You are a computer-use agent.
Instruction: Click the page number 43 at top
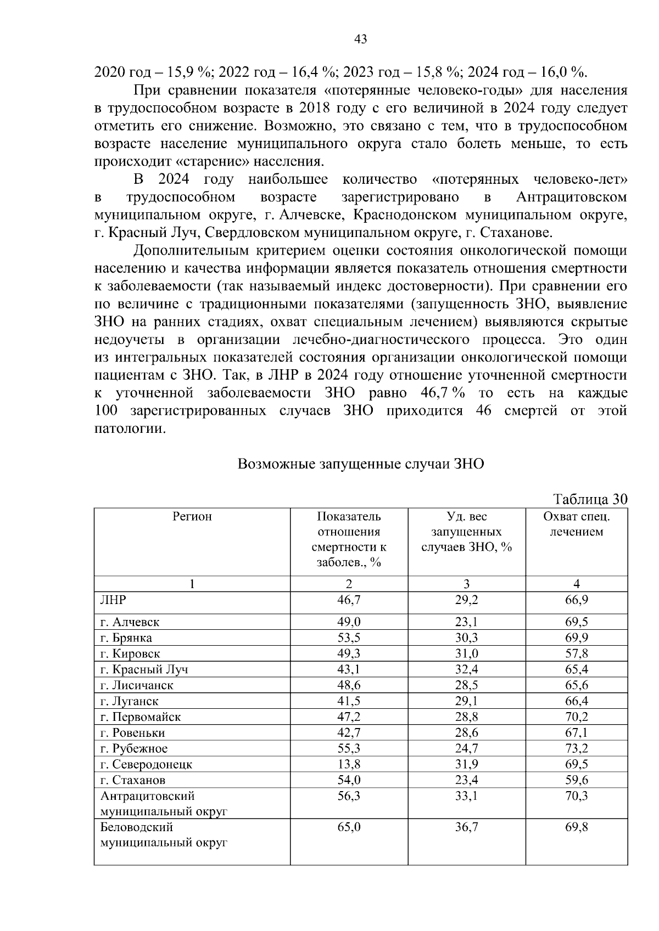pyautogui.click(x=360, y=40)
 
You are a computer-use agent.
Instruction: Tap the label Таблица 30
pyautogui.click(x=590, y=499)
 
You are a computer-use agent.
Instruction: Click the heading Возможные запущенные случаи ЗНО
pyautogui.click(x=361, y=464)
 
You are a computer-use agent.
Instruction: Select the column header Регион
pyautogui.click(x=192, y=517)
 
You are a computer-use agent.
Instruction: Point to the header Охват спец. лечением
pyautogui.click(x=576, y=524)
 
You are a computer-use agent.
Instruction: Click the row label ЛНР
pyautogui.click(x=113, y=600)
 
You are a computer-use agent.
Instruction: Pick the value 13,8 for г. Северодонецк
pyautogui.click(x=349, y=764)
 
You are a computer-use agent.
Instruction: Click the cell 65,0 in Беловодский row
pyautogui.click(x=349, y=827)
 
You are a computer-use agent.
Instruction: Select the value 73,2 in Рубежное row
pyautogui.click(x=576, y=748)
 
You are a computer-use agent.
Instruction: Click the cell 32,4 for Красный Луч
pyautogui.click(x=466, y=669)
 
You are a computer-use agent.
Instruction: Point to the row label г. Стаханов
pyautogui.click(x=132, y=780)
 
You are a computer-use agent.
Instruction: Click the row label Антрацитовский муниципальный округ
pyautogui.click(x=163, y=803)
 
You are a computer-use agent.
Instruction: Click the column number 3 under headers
pyautogui.click(x=466, y=584)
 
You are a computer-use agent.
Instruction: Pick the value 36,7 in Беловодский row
pyautogui.click(x=466, y=827)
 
